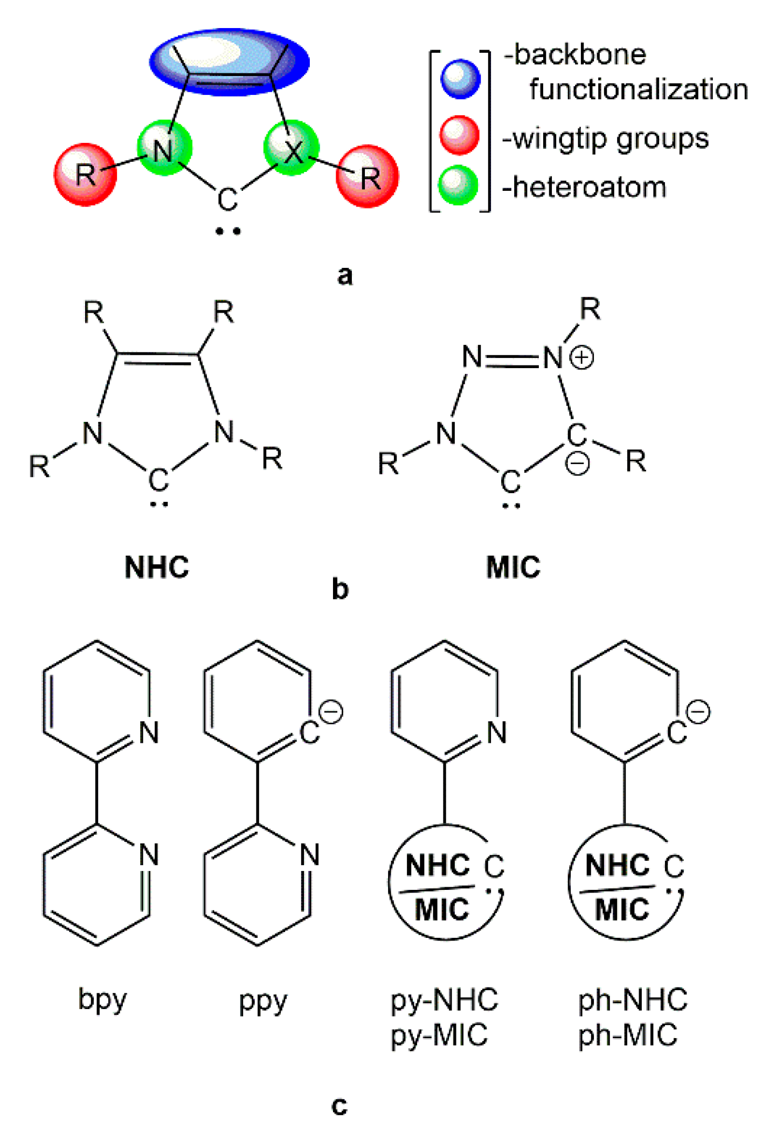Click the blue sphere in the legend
(460, 79)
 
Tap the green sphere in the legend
(458, 185)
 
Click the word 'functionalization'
(638, 89)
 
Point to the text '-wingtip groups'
(605, 139)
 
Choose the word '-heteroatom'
(584, 188)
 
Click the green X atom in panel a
(292, 148)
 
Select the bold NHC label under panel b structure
(157, 567)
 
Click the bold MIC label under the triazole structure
(513, 567)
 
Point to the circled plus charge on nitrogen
(583, 358)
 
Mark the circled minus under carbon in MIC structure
(577, 464)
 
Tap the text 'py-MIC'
(439, 1035)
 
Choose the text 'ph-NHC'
(633, 1000)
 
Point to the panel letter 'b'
(340, 589)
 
